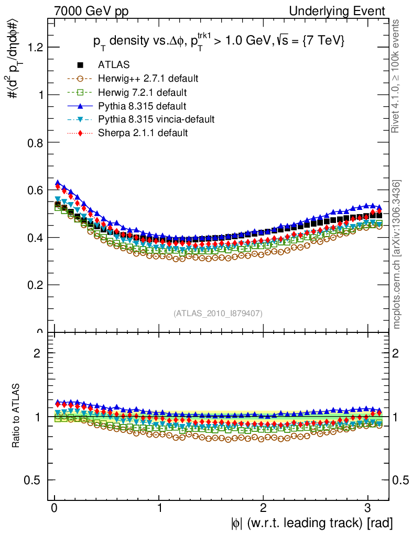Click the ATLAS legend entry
tap(114, 65)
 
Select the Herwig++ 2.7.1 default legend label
tap(148, 79)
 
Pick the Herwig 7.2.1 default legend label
tap(143, 93)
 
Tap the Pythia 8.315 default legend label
tap(143, 106)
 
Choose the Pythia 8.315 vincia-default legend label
tap(156, 119)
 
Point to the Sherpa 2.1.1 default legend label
tap(143, 133)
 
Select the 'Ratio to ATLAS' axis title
tap(17, 417)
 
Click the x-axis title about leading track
tap(311, 522)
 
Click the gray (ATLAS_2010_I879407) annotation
tap(218, 313)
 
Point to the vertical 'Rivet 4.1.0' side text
tap(397, 76)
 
